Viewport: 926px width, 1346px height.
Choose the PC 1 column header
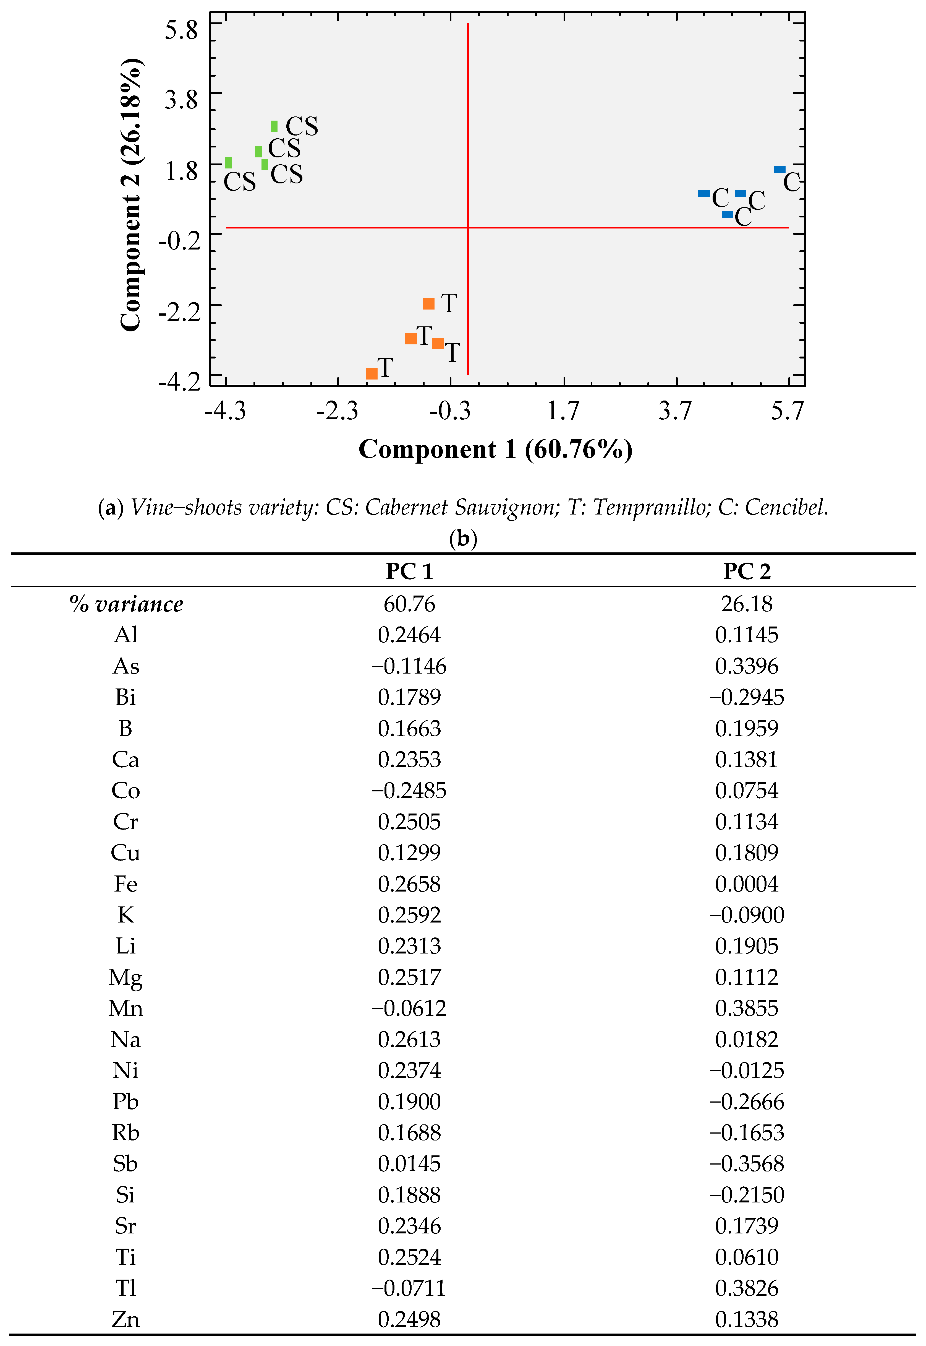[x=409, y=571]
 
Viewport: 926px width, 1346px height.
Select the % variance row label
[x=126, y=604]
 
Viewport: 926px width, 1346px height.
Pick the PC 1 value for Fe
[x=409, y=884]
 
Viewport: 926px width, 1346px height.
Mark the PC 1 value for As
[x=409, y=666]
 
